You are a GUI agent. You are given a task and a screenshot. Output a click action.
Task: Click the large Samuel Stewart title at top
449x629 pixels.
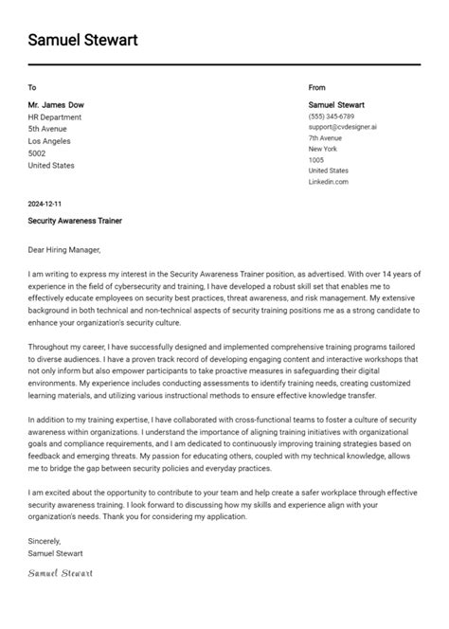[82, 40]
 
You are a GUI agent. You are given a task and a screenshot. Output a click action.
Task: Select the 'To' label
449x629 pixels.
[32, 87]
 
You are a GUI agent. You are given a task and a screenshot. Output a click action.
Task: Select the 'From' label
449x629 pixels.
[316, 87]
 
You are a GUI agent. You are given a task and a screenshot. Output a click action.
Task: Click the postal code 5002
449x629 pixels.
[37, 153]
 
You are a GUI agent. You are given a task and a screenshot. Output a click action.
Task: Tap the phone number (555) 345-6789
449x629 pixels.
[332, 116]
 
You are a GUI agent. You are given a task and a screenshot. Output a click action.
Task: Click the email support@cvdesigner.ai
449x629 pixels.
[342, 126]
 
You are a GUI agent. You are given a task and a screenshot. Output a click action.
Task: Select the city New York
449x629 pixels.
[323, 149]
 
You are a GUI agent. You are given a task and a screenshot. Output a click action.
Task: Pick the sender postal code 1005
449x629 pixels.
[316, 160]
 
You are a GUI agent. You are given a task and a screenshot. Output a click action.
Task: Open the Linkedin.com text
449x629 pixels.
[329, 182]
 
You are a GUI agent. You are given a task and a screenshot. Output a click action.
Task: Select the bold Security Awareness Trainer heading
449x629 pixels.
[75, 221]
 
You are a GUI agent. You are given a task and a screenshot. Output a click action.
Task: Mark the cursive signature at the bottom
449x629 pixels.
[61, 573]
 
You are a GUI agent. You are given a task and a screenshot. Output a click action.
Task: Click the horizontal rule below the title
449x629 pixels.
[224, 64]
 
